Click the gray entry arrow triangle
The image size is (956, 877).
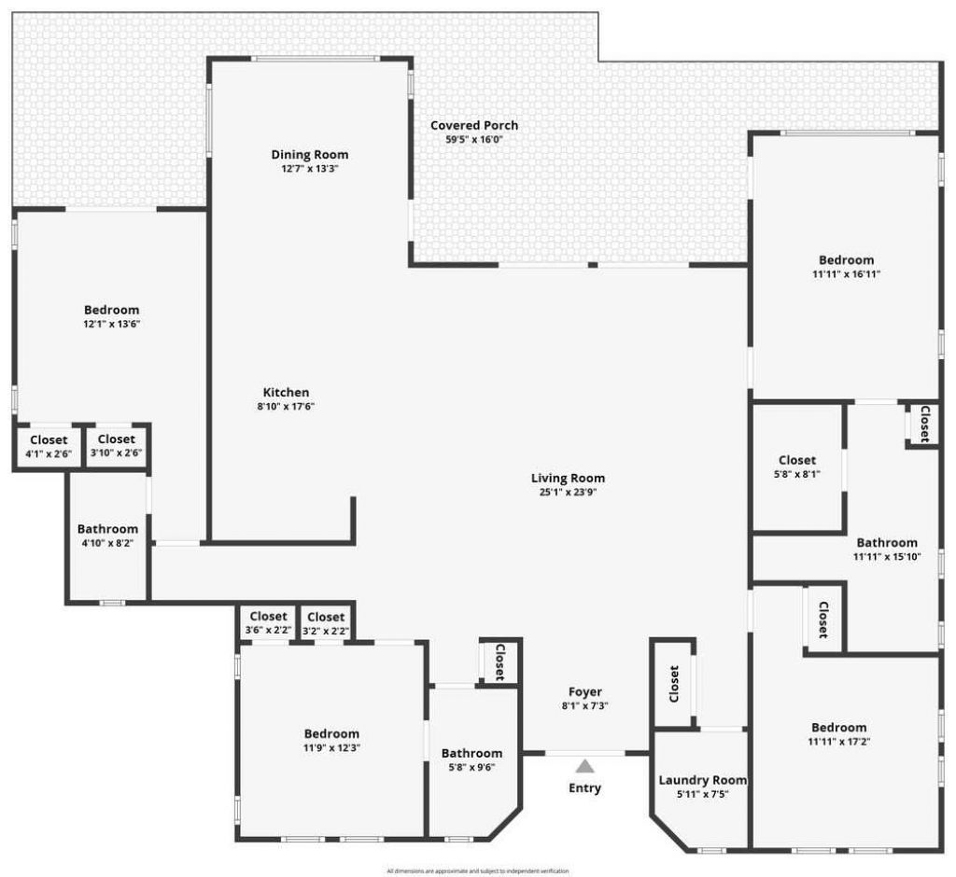[x=584, y=767]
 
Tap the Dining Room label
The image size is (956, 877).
[x=310, y=155]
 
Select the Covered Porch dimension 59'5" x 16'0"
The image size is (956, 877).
[x=474, y=140]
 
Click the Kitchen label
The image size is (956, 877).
[x=286, y=393]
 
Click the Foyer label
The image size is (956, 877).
[x=585, y=692]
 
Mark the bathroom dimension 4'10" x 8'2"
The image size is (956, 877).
[x=107, y=543]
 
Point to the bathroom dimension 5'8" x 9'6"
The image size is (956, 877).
[x=471, y=768]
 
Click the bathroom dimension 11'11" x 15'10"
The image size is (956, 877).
[x=887, y=557]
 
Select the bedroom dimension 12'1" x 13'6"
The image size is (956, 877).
[x=111, y=325]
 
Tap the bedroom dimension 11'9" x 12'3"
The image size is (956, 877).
[x=331, y=748]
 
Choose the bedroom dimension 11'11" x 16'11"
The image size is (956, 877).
[x=847, y=274]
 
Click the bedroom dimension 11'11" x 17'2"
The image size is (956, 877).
[x=838, y=742]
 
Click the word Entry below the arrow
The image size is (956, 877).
[x=585, y=788]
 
